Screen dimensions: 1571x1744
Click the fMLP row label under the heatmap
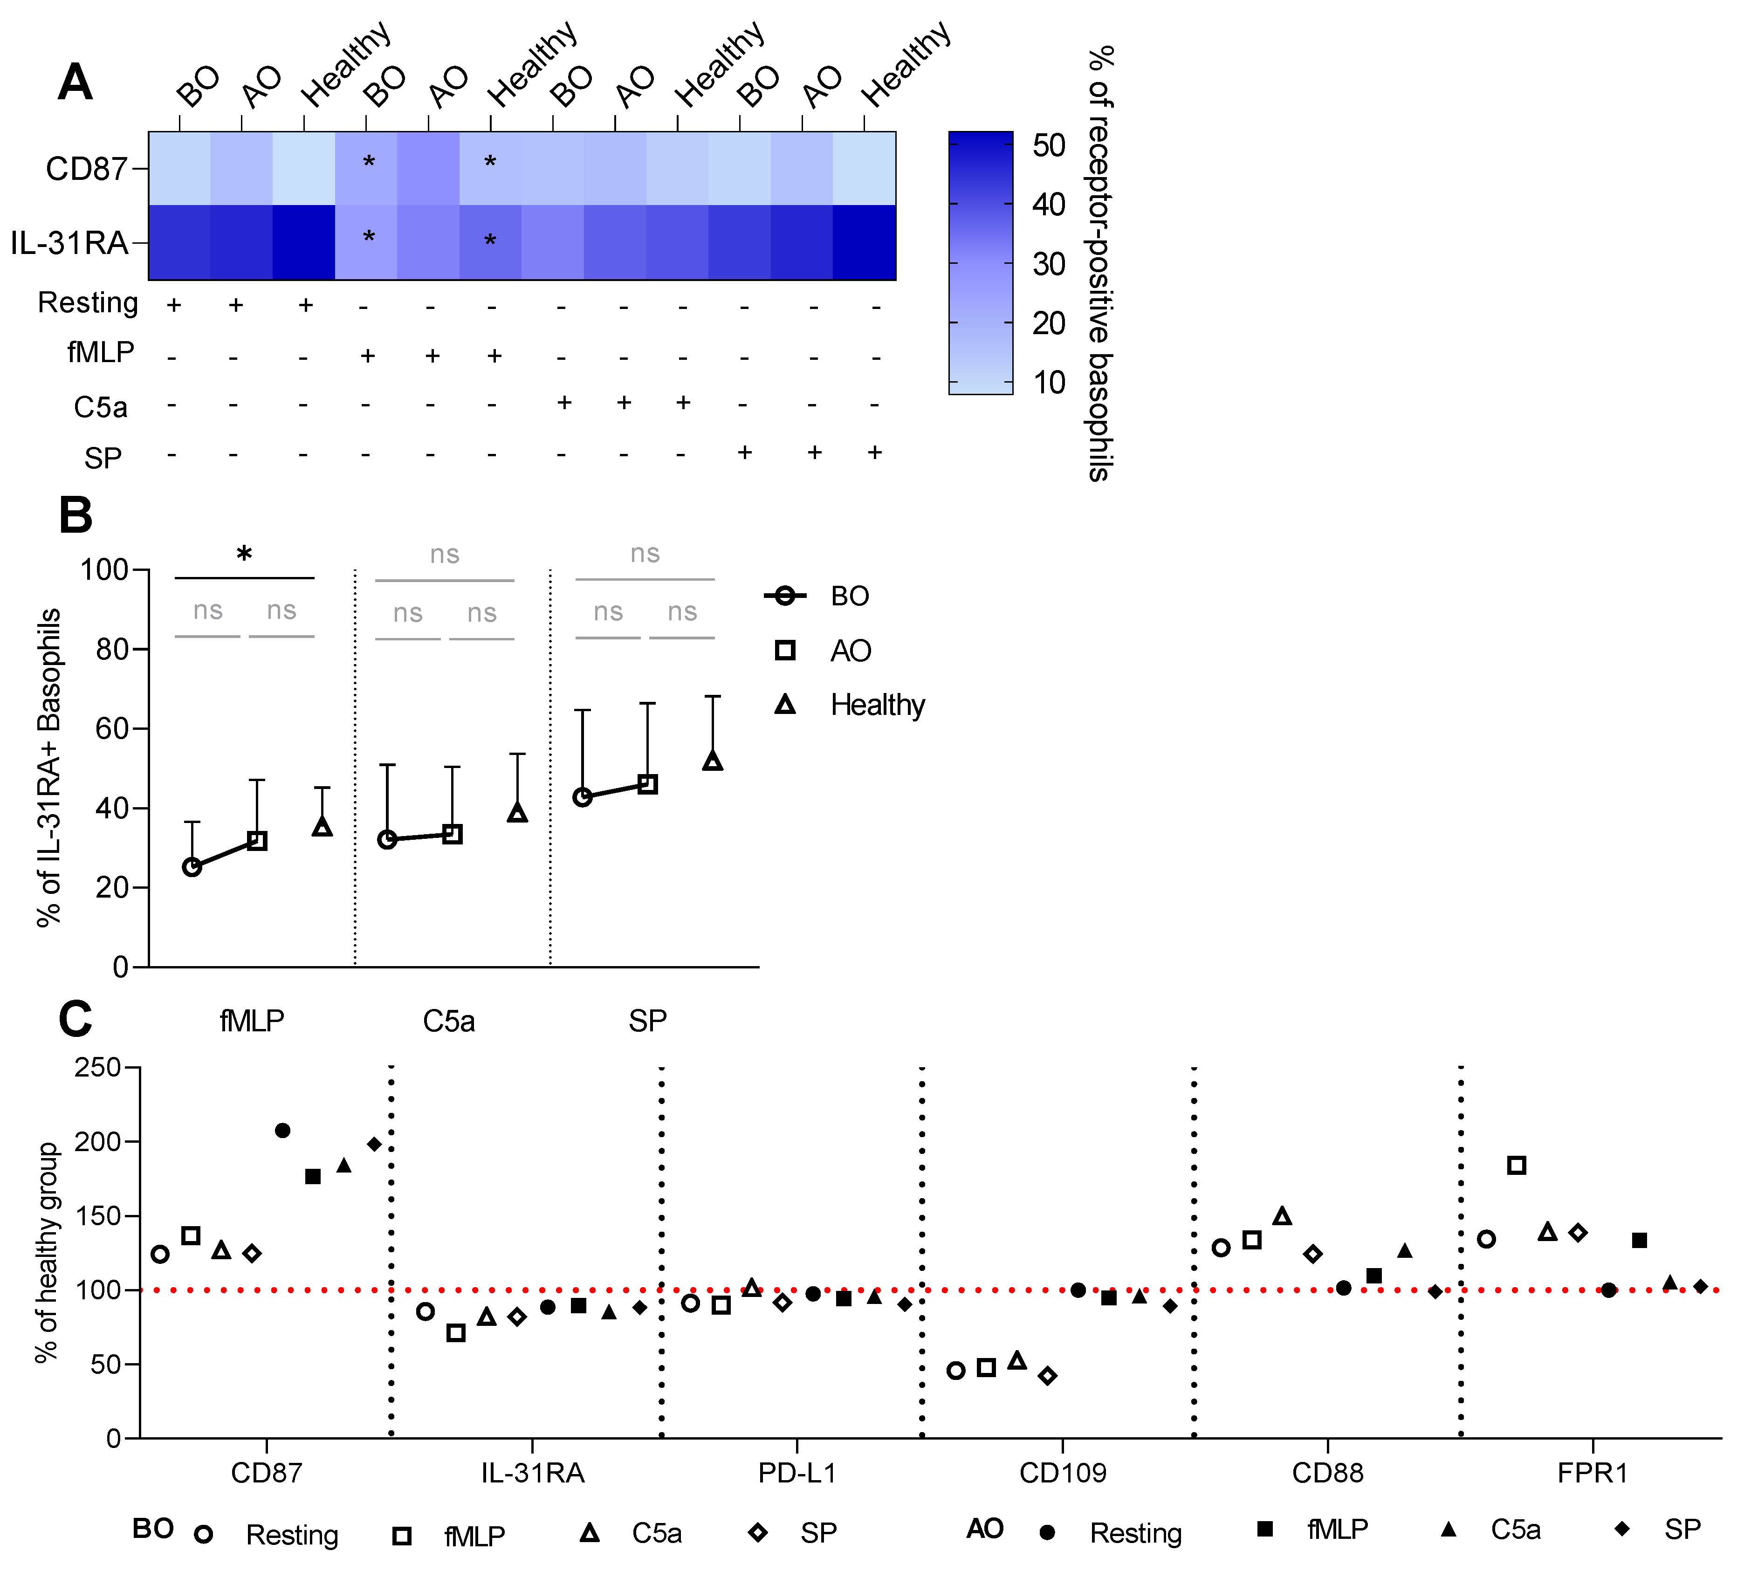tap(101, 352)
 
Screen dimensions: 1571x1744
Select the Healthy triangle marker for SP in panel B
tap(712, 761)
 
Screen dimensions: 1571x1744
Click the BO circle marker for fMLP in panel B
tap(192, 867)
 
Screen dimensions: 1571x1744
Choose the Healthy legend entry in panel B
tap(876, 705)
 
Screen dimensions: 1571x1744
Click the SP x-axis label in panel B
tap(647, 1021)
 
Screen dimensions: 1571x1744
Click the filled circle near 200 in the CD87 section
tap(282, 1130)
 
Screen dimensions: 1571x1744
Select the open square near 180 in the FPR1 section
tap(1516, 1165)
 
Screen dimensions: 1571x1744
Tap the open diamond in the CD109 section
tap(1047, 1375)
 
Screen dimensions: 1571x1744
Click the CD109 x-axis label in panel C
tap(1062, 1473)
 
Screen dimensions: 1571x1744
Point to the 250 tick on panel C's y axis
tap(96, 1068)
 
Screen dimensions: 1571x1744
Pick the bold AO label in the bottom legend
tap(984, 1529)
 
